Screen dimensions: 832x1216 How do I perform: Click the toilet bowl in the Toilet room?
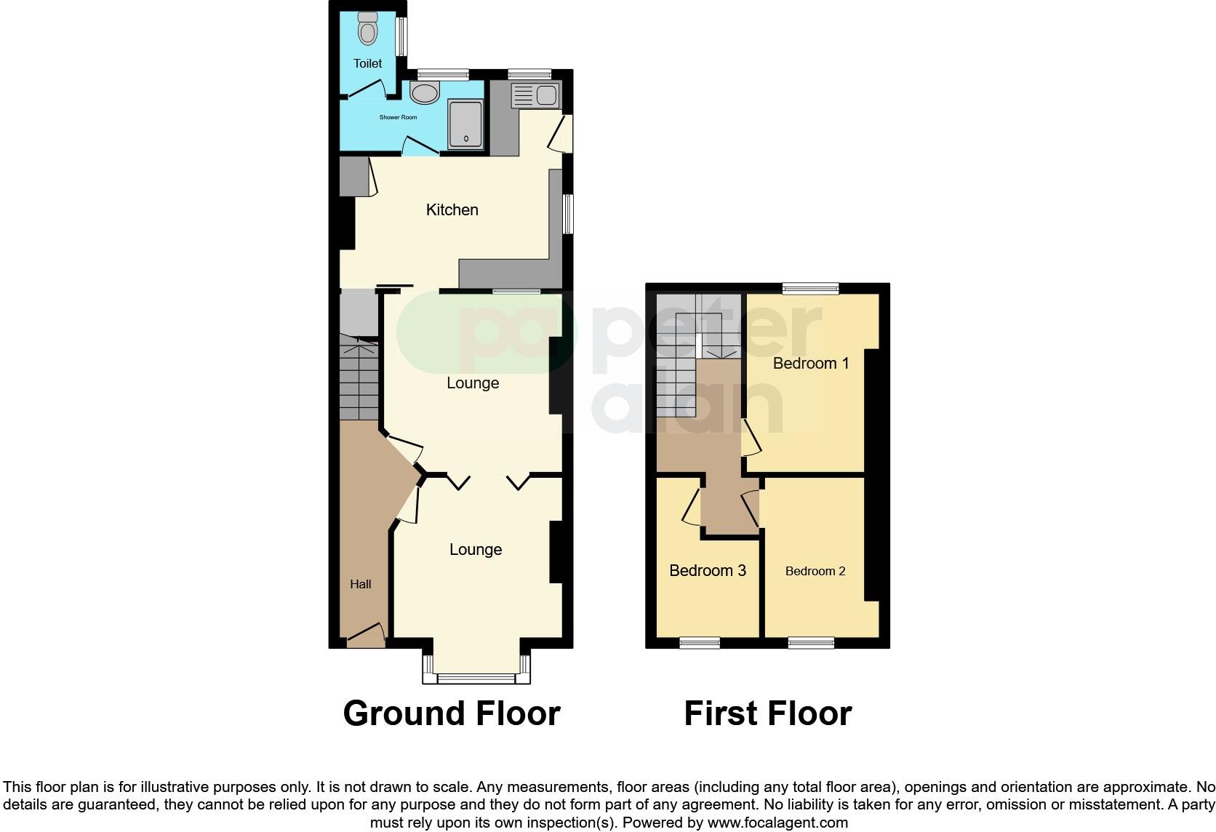(368, 30)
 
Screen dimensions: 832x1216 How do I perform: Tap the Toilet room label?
(367, 63)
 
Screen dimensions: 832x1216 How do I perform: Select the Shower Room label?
(398, 117)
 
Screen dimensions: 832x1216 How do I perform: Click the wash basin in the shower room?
(424, 92)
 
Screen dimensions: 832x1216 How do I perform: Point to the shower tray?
(465, 124)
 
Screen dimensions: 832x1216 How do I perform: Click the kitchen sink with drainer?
(536, 95)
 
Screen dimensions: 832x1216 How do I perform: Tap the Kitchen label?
(452, 210)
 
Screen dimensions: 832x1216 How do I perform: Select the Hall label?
(360, 584)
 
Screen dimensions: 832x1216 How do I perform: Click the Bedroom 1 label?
(810, 364)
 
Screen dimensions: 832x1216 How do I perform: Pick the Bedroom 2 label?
(815, 572)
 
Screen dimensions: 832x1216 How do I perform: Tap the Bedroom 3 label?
(707, 571)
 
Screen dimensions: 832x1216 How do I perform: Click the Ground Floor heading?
(451, 713)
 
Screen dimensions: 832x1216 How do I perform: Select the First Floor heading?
(767, 713)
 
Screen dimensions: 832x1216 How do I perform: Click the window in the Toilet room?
(401, 36)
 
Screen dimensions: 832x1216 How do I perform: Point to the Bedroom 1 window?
(810, 288)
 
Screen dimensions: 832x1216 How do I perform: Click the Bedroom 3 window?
(700, 642)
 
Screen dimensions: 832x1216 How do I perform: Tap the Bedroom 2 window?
(811, 642)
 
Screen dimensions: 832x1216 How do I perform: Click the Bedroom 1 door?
(749, 438)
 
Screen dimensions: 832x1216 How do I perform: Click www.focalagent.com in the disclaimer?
(777, 823)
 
